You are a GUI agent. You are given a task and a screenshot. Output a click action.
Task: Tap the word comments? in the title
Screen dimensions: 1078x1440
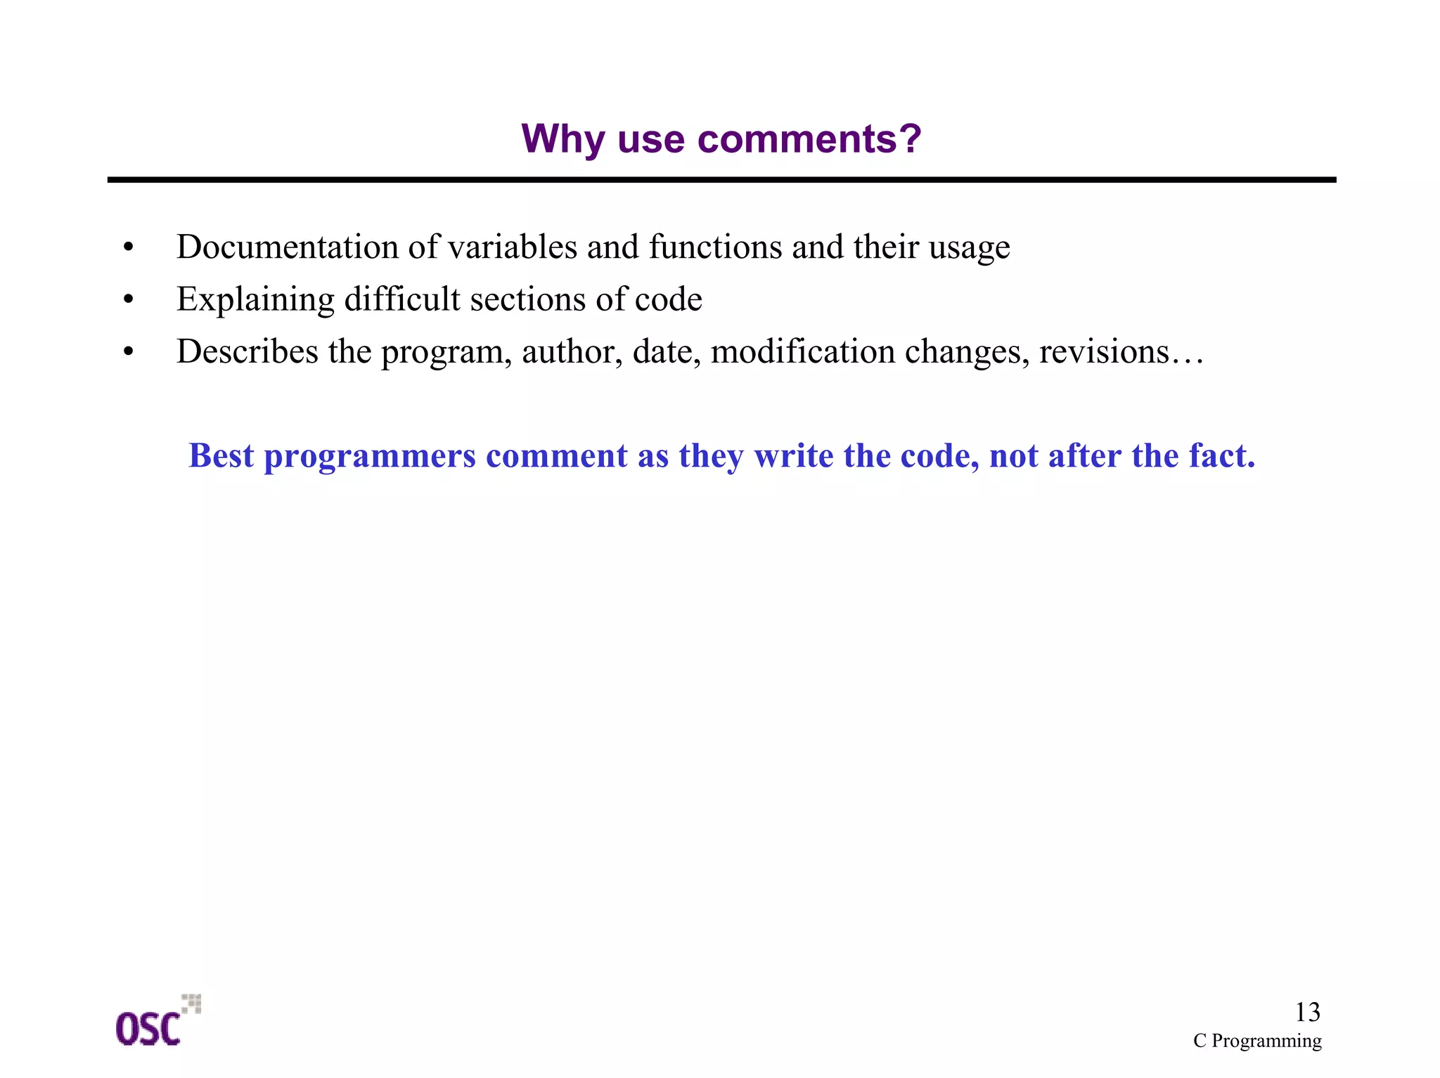click(809, 139)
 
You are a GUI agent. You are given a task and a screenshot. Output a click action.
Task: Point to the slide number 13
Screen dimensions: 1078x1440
click(1307, 1012)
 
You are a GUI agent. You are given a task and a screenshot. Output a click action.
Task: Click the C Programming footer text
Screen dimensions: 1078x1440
click(1257, 1041)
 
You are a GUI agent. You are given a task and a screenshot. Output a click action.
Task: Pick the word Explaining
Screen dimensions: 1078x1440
click(255, 300)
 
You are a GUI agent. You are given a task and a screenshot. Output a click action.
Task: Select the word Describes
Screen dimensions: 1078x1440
click(247, 351)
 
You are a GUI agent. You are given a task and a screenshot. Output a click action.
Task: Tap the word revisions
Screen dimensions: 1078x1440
click(1104, 351)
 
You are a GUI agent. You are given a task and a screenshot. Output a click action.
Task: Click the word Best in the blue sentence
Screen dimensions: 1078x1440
click(221, 455)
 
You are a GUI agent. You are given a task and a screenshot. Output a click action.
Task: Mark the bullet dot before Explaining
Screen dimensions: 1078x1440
click(128, 300)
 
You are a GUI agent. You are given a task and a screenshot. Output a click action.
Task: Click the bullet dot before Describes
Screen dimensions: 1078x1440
click(128, 352)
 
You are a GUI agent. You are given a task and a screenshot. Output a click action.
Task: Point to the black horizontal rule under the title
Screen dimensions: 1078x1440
click(721, 180)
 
